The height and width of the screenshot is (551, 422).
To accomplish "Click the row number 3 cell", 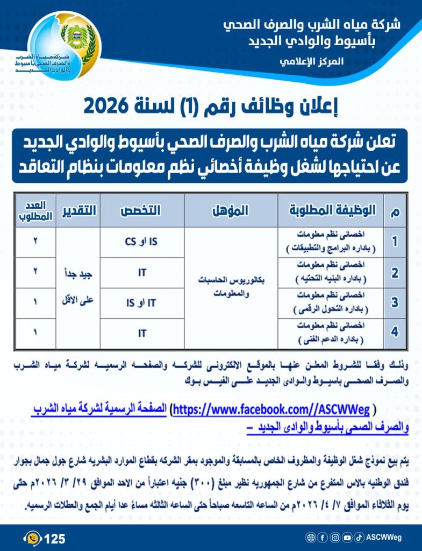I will [395, 303].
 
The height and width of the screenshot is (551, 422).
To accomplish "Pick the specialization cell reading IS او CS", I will [142, 242].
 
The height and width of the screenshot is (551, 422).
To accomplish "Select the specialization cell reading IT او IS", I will [142, 303].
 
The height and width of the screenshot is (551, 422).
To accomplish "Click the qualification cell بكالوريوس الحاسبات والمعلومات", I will [231, 287].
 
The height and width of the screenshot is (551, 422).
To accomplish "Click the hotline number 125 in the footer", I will [54, 538].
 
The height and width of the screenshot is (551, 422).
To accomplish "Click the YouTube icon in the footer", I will [347, 538].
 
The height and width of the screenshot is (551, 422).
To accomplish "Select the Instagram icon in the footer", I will [335, 538].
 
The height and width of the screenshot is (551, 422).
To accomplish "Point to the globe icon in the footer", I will [310, 538].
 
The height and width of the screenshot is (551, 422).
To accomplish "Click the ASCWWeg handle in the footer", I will [384, 538].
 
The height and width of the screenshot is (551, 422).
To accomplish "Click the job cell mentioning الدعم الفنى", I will [331, 334].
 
